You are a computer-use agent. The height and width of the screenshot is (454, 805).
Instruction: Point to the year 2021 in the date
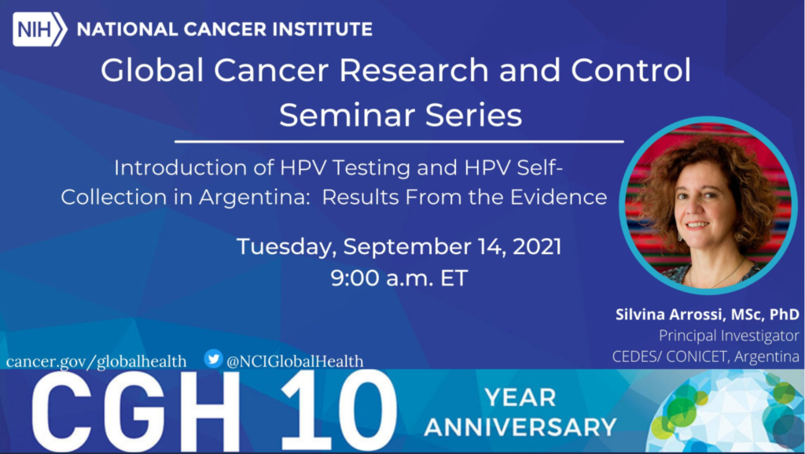coord(537,246)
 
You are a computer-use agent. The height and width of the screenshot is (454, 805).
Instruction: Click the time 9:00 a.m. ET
coord(399,278)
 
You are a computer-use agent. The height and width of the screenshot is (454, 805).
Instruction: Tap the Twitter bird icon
coord(213,359)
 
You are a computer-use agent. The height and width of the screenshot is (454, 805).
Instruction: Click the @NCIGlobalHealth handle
coord(295,361)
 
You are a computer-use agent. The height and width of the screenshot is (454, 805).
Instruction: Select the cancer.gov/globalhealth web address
coord(97,361)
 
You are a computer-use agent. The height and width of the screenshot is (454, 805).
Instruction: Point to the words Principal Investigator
coord(729,336)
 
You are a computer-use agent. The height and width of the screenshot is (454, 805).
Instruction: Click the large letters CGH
coord(135,411)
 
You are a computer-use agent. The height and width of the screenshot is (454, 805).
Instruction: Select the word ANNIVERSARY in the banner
coord(520,427)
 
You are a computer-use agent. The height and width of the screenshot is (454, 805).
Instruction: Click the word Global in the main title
coord(153,70)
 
